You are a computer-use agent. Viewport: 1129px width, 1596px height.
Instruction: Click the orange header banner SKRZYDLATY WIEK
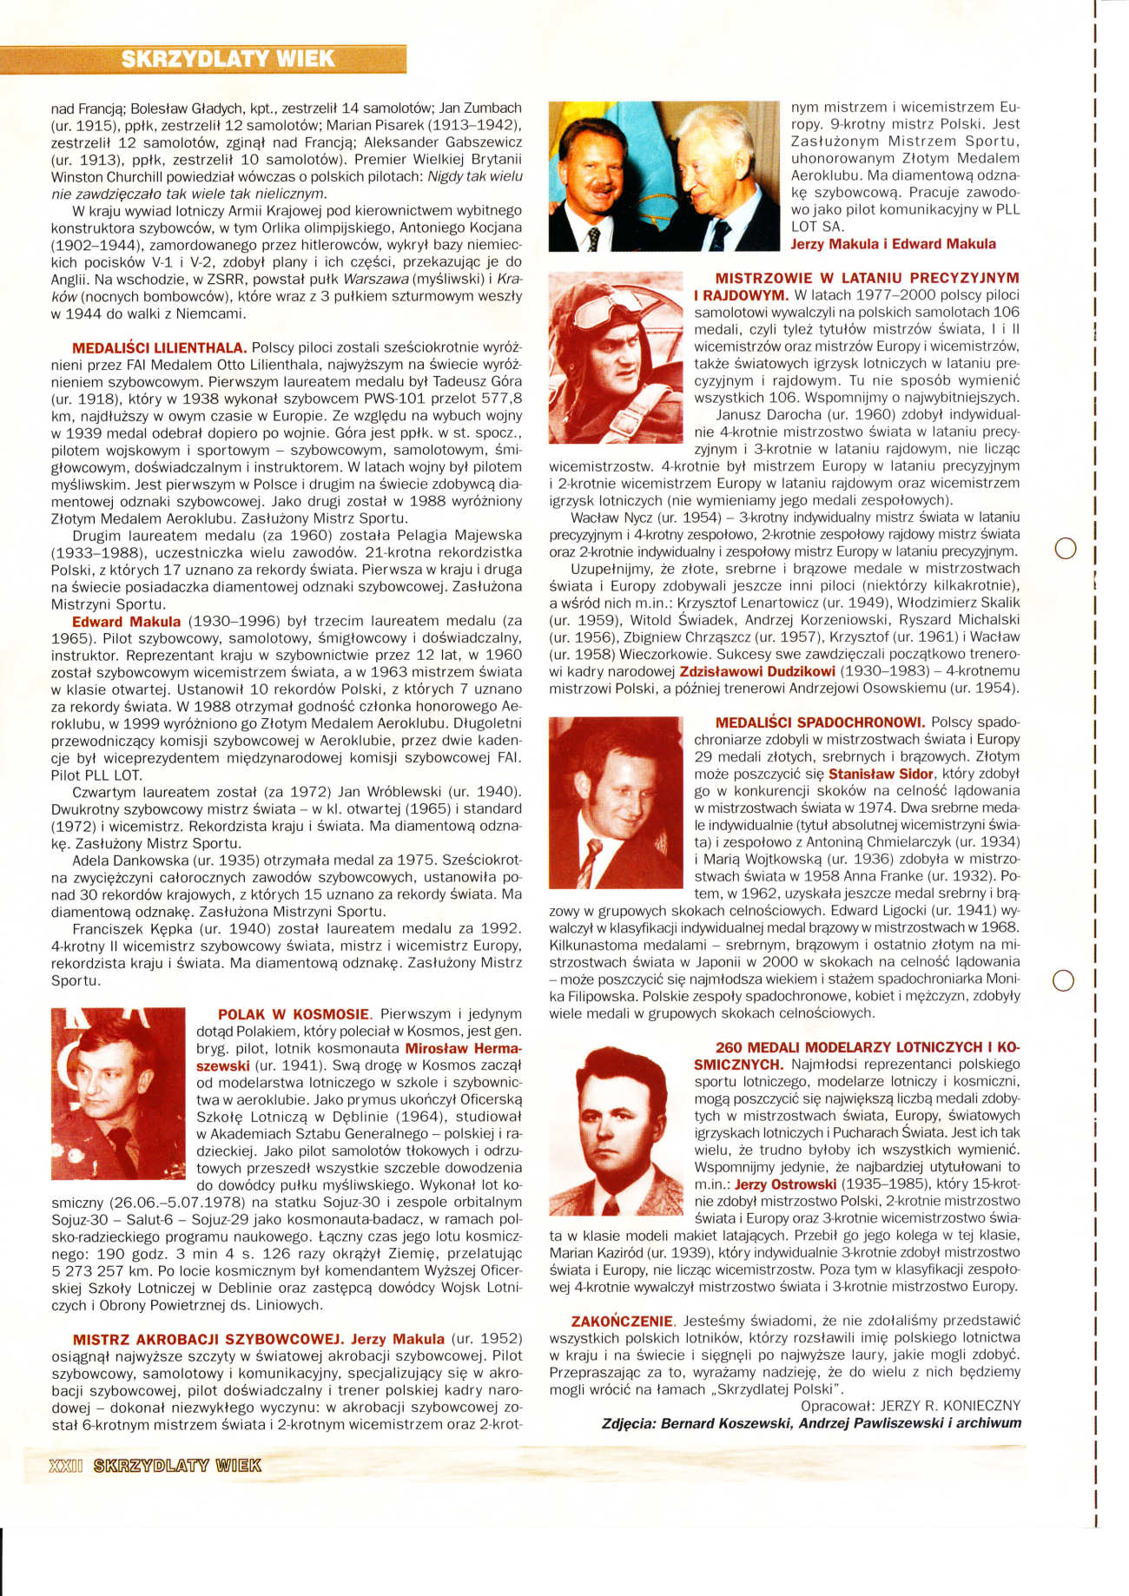pos(228,59)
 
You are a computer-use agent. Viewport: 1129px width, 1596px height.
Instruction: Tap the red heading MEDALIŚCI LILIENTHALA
pos(160,347)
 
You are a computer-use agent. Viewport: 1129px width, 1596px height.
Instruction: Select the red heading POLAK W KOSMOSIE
pos(294,1014)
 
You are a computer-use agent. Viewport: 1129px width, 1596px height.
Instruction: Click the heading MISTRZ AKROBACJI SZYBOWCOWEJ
pos(208,1339)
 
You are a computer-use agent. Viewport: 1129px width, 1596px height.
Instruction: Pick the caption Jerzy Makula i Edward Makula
pos(893,244)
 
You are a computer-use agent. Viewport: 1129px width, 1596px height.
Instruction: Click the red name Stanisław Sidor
pos(881,774)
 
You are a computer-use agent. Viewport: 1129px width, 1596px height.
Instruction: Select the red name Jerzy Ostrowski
pos(785,1184)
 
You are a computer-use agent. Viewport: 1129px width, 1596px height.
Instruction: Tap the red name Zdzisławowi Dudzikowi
pos(757,671)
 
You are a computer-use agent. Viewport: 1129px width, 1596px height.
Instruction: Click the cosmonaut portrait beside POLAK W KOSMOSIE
pos(118,1098)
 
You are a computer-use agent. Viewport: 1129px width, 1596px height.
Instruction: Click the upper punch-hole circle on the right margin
pos(1064,548)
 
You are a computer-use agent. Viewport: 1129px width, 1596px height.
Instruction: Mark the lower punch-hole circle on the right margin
pos(1064,979)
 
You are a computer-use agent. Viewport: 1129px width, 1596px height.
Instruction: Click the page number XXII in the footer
pos(66,1465)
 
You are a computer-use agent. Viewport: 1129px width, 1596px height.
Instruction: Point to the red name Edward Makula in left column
pos(127,622)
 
